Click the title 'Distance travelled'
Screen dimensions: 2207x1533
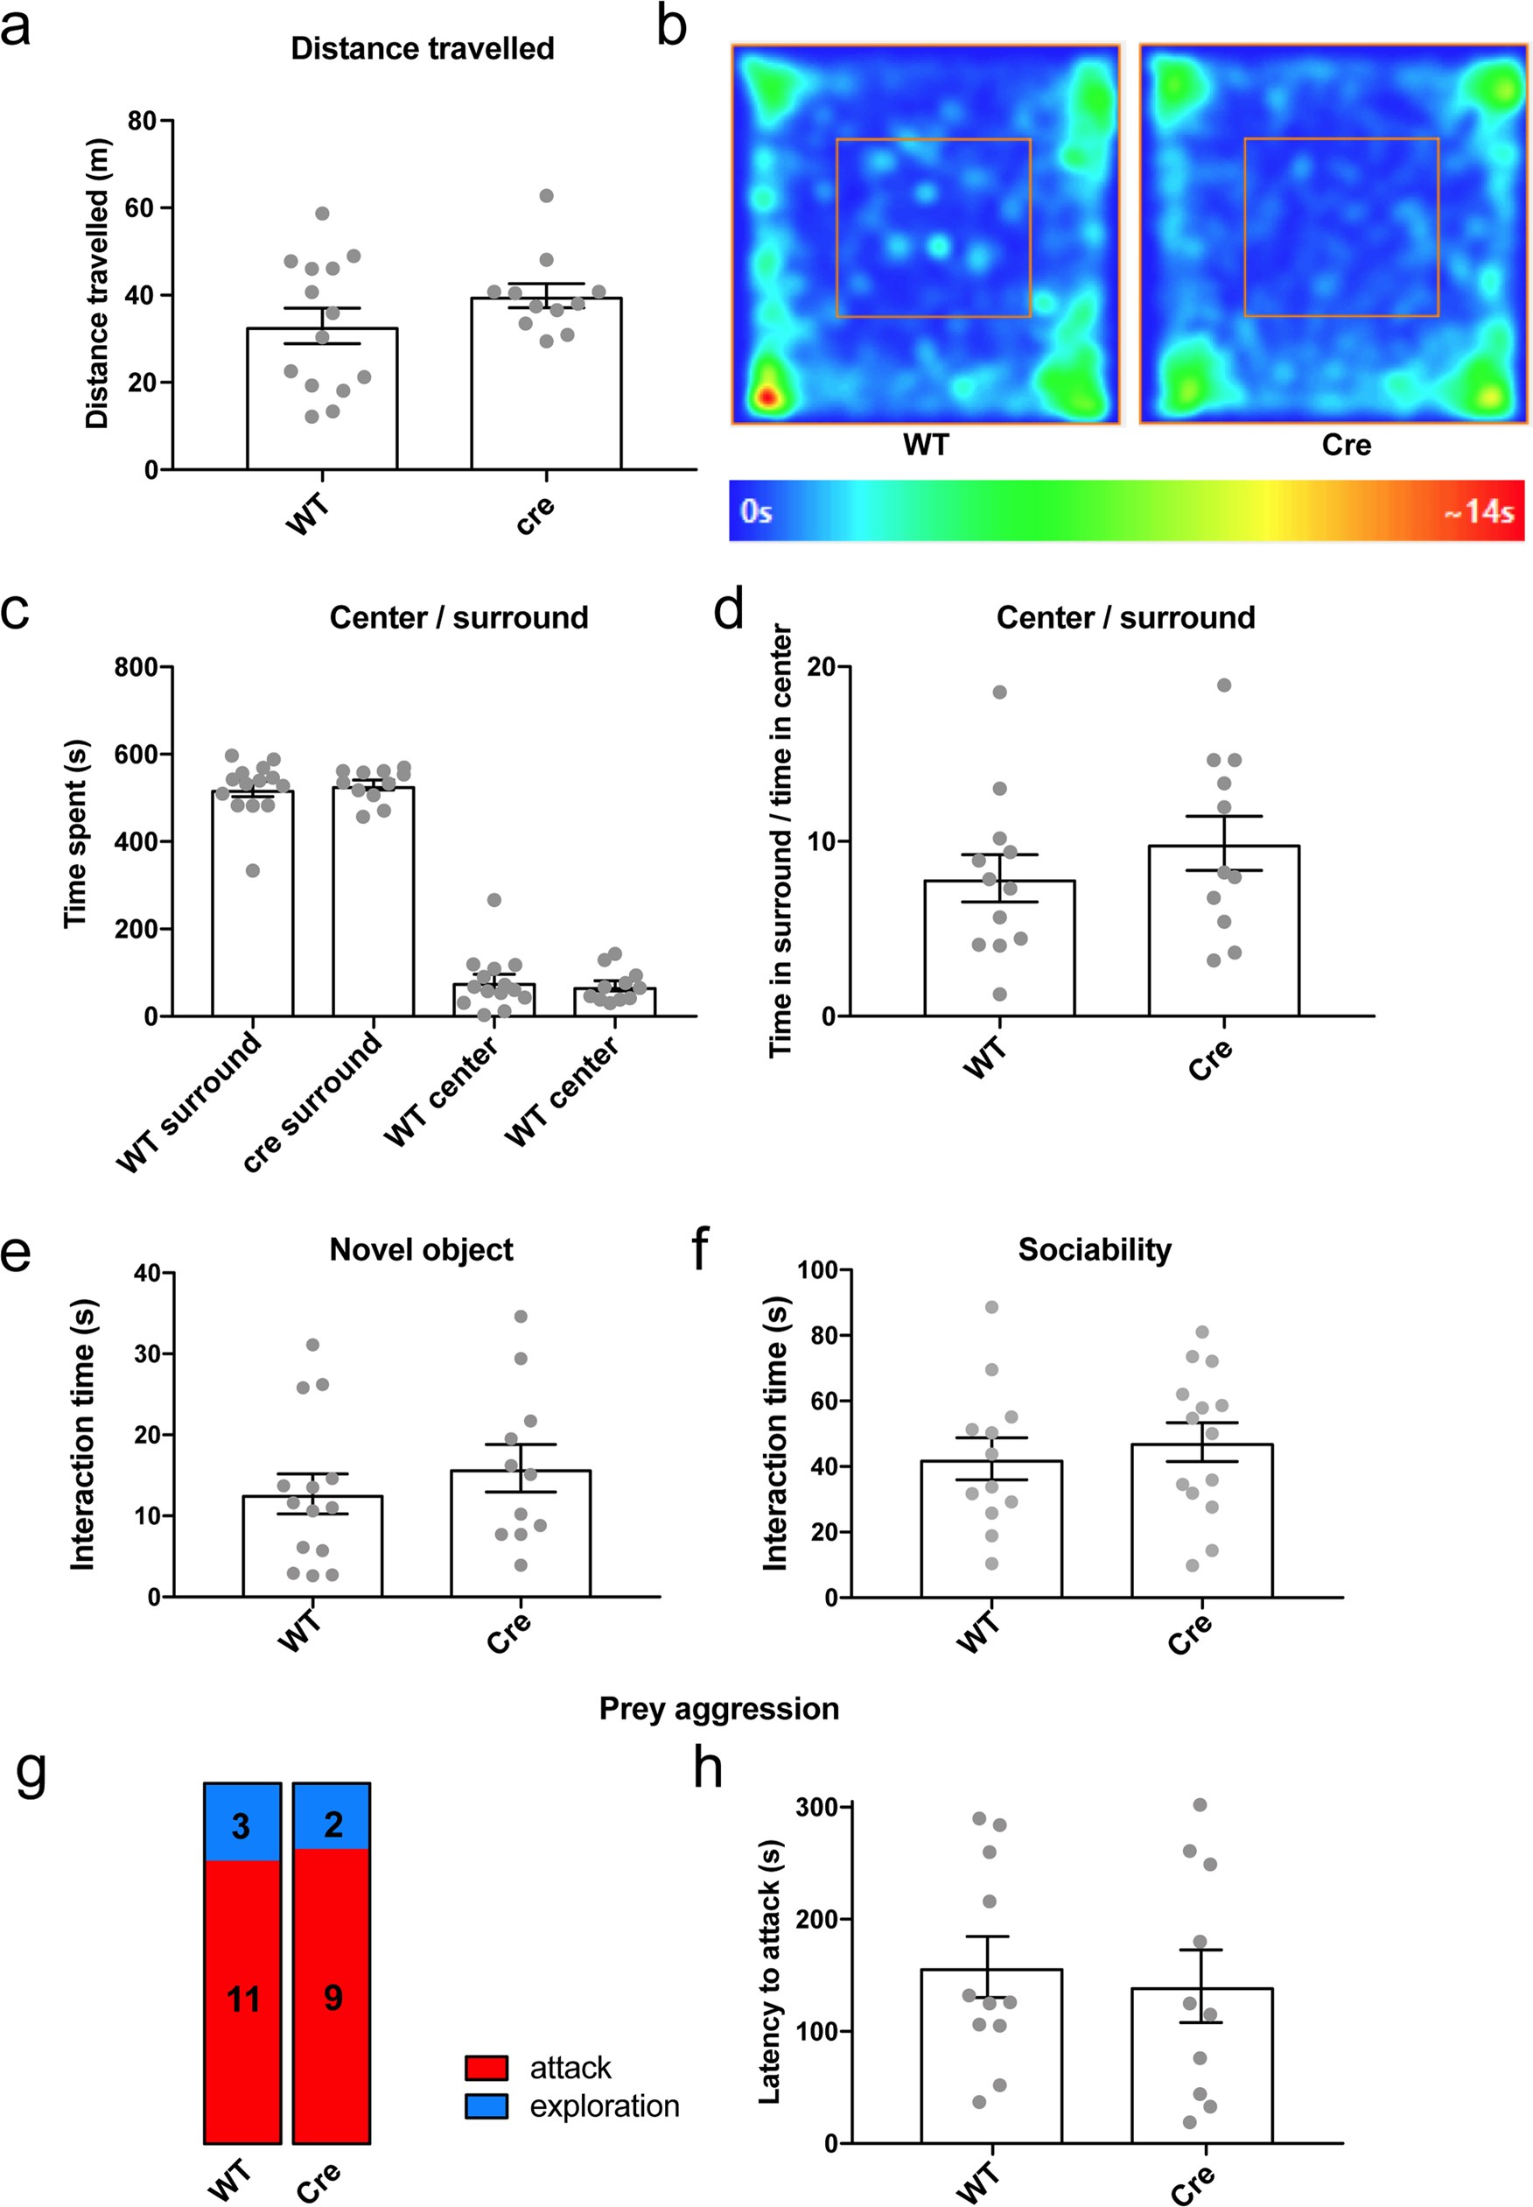coord(423,48)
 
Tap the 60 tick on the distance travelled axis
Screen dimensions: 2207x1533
coord(141,207)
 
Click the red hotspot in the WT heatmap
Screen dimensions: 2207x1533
coord(766,396)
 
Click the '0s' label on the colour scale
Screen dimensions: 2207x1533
coord(756,512)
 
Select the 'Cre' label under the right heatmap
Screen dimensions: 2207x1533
coord(1346,445)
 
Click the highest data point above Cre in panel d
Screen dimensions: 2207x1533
coord(1224,685)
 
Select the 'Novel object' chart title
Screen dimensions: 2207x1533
coord(421,1249)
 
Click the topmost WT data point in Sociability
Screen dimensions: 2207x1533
coord(991,1307)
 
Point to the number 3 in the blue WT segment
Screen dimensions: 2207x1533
coord(241,1825)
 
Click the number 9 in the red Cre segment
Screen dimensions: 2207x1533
coord(332,1999)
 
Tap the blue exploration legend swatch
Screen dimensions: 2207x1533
coord(486,2106)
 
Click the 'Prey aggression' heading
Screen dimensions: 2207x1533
coord(718,1708)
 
